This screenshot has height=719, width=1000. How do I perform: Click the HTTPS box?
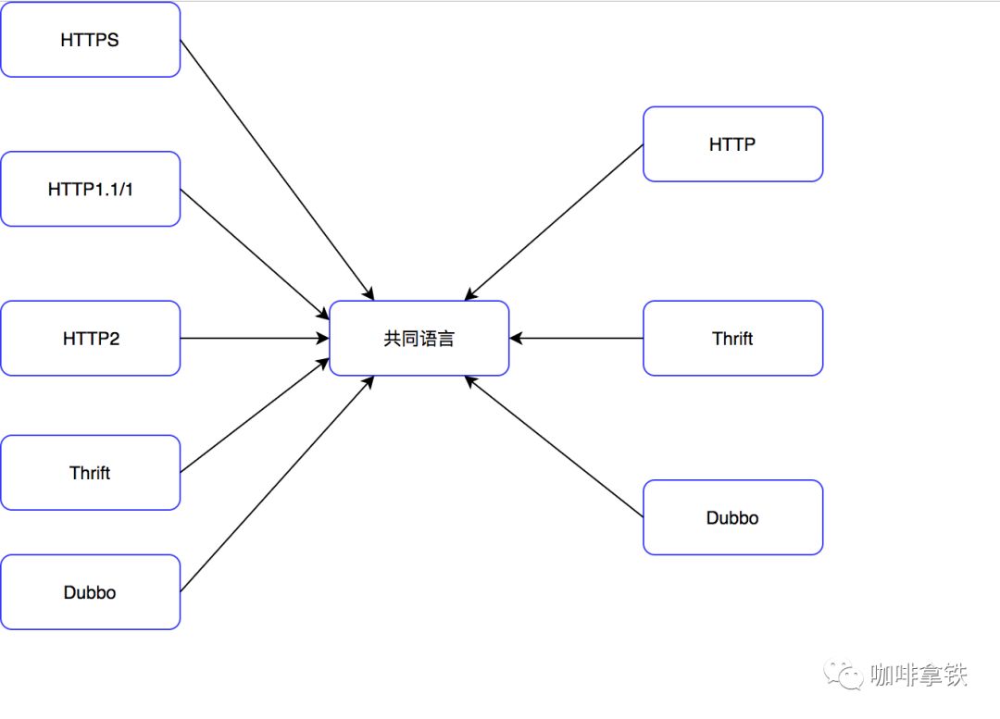(x=90, y=40)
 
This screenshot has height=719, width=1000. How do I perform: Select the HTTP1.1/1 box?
(x=90, y=189)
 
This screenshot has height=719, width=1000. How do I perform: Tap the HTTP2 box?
(x=90, y=339)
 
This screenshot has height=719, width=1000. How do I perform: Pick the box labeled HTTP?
(x=732, y=144)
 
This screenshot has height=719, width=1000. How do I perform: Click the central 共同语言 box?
(x=419, y=339)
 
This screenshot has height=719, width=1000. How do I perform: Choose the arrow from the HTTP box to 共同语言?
(x=554, y=222)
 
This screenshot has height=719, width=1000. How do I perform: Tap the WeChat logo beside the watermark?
(x=844, y=675)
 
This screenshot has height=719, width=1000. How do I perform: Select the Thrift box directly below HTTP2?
(x=90, y=473)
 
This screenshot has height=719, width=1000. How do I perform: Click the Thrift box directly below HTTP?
(x=732, y=339)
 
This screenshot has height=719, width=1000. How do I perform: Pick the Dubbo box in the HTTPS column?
(x=90, y=592)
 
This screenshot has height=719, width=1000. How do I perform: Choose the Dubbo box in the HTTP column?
(x=732, y=517)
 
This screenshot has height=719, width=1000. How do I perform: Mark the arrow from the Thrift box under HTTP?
(x=576, y=339)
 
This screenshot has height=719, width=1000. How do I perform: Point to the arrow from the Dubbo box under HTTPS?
(x=276, y=484)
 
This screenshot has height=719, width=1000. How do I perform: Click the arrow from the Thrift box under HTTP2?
(x=255, y=415)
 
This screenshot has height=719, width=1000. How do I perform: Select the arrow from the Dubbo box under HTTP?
(x=554, y=446)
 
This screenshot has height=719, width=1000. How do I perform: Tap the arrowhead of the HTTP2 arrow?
(x=323, y=339)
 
